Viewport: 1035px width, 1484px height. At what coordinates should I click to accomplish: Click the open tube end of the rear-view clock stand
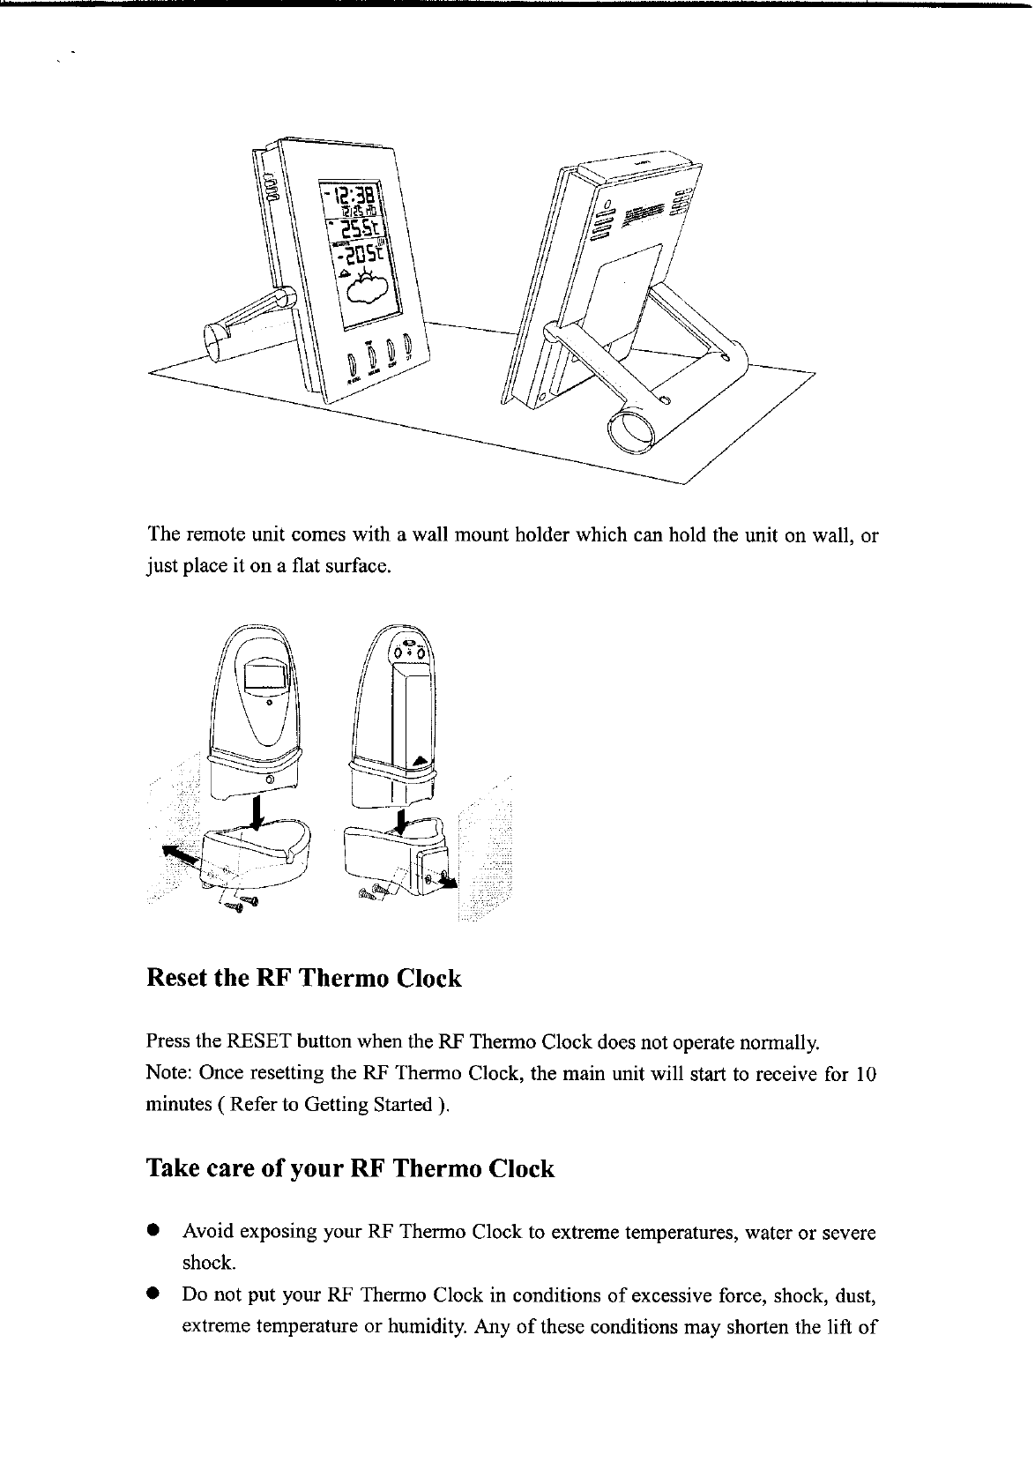(x=630, y=430)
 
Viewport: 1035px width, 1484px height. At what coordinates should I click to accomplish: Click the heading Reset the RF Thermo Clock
(x=303, y=979)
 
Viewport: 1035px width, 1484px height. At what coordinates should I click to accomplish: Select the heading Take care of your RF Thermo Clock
(x=350, y=1169)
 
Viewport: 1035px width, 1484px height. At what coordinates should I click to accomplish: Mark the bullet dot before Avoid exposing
(x=153, y=1229)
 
